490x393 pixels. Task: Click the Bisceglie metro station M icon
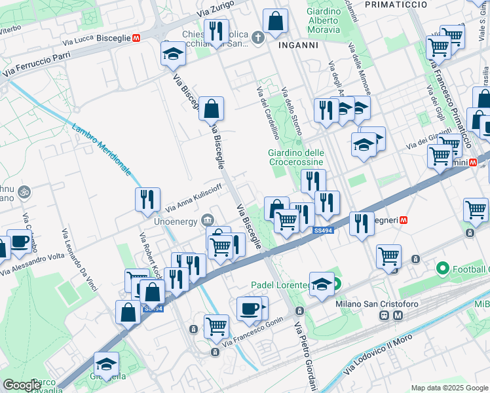(136, 38)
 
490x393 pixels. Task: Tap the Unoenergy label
(174, 221)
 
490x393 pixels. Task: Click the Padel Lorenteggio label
(280, 285)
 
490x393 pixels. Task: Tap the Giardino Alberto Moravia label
(324, 20)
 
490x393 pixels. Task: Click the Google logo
(22, 385)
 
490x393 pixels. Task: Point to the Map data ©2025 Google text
(449, 388)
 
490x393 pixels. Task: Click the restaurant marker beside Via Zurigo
(215, 31)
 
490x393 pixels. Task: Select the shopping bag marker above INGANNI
(276, 21)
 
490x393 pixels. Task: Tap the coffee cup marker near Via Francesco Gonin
(249, 308)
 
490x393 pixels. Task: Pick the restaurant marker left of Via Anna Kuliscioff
(147, 198)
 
